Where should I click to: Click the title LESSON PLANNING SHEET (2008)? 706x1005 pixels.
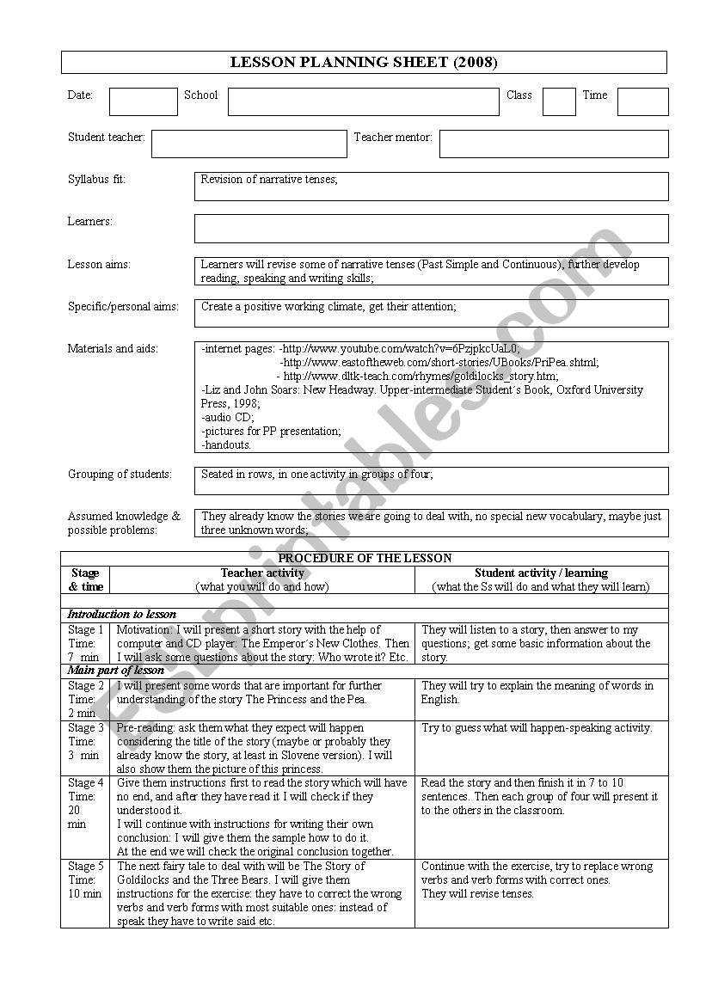364,62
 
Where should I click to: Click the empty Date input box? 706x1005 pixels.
143,101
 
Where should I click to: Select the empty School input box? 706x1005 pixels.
363,101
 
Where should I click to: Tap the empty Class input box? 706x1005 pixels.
559,101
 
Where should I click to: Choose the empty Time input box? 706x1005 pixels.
642,101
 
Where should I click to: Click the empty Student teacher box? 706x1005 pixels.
249,144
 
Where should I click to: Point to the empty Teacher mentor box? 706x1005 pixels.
553,144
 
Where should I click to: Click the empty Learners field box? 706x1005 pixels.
431,229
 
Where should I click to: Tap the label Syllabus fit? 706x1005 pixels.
96,180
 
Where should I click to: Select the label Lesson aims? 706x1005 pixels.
99,265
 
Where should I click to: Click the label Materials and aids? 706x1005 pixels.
113,349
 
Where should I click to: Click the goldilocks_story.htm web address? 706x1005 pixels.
421,377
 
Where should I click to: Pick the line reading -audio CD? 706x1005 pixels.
228,417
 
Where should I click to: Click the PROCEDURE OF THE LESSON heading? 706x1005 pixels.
365,558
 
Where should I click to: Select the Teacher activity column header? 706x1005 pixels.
262,573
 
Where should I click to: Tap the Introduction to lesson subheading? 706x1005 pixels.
122,615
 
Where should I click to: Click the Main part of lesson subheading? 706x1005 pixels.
116,671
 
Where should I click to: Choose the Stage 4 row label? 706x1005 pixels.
84,783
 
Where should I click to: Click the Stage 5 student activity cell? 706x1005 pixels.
541,880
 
